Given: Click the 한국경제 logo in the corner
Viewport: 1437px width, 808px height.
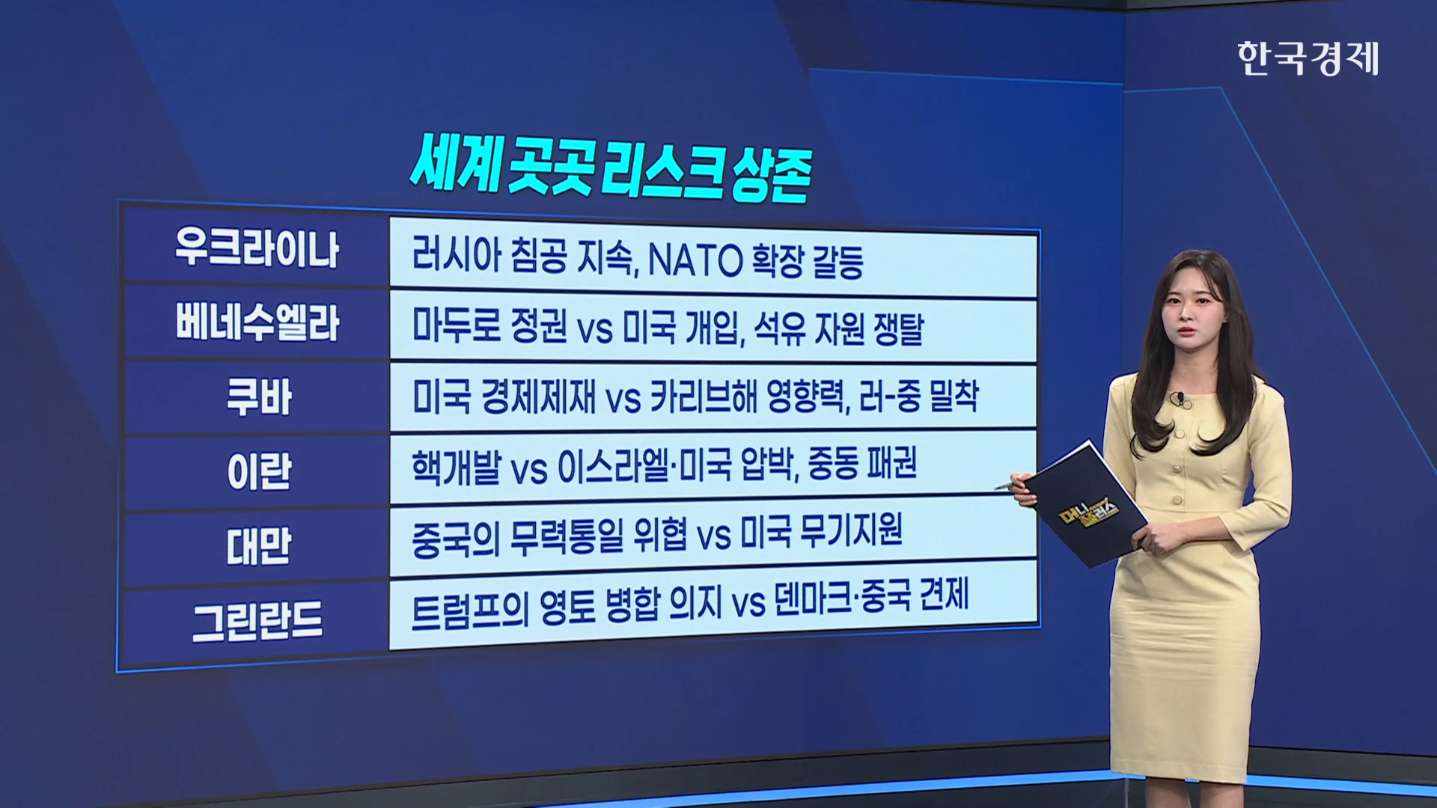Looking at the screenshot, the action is (1308, 58).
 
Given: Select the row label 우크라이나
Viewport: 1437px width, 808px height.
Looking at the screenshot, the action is (257, 248).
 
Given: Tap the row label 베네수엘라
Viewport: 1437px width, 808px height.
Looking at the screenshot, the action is (257, 322).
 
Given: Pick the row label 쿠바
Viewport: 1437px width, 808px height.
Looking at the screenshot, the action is (258, 397).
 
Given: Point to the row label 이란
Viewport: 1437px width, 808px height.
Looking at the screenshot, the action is (258, 471).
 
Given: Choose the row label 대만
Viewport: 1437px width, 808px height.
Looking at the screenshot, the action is (258, 545).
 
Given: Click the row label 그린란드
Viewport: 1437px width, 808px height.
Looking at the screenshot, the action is (257, 621).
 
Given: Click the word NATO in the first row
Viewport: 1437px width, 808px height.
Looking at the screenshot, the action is (694, 261).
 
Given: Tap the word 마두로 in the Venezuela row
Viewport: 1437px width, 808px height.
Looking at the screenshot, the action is (456, 327).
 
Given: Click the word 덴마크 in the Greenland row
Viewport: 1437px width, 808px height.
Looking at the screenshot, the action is (813, 600).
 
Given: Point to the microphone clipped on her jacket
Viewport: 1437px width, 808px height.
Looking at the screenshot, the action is (1179, 397).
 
